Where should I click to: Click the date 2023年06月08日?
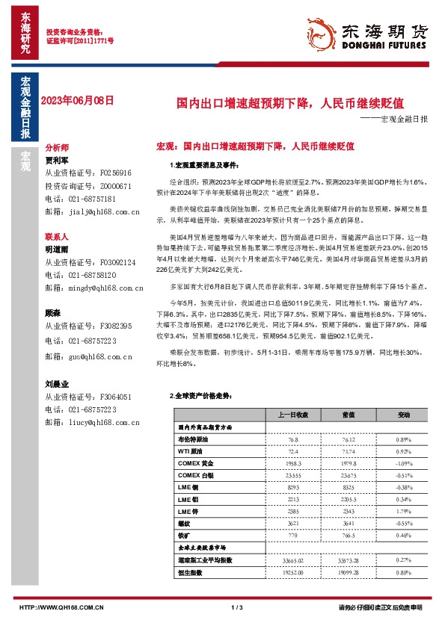[x=78, y=100]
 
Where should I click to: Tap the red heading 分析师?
[x=57, y=148]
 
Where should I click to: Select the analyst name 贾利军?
[x=57, y=160]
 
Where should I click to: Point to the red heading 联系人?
[x=57, y=235]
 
